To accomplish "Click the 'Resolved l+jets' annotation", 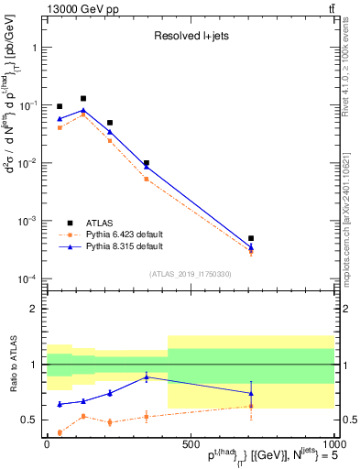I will (190, 38).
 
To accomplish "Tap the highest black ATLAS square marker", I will (83, 98).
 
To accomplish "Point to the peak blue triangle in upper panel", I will (83, 110).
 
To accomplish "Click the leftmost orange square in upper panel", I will (60, 127).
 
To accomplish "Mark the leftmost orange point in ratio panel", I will (60, 432).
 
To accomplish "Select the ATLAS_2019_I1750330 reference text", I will (191, 274).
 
